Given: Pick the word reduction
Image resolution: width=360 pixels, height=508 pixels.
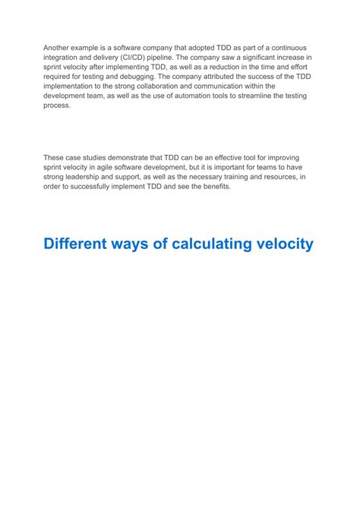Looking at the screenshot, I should pos(230,67).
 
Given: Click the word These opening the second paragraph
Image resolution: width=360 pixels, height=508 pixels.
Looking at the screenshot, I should pos(55,157).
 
